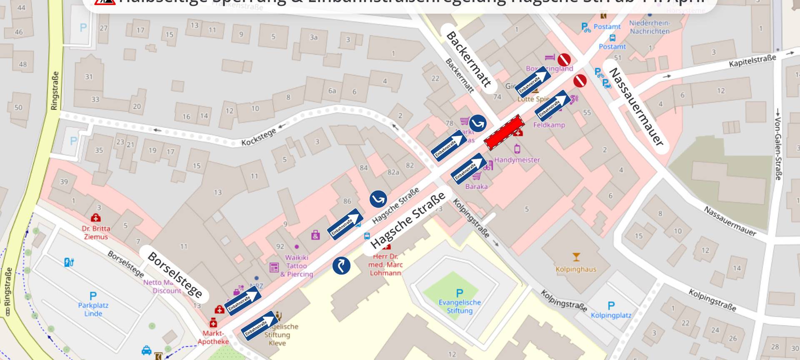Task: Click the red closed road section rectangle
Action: (504, 132)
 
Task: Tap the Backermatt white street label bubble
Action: (468, 59)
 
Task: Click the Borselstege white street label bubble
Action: (175, 275)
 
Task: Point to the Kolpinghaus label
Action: (576, 269)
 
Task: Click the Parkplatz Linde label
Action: (93, 309)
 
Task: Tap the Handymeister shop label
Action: (517, 160)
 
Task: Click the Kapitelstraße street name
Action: (752, 61)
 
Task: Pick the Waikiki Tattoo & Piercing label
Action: (297, 266)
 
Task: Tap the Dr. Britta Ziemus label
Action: (96, 232)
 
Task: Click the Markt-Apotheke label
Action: (213, 337)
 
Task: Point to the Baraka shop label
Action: (476, 186)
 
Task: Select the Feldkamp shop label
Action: (549, 125)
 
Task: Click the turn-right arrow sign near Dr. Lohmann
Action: (341, 265)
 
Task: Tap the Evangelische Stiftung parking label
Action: (460, 306)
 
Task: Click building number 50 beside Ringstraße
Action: (18, 107)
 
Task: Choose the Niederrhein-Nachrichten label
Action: (650, 27)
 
